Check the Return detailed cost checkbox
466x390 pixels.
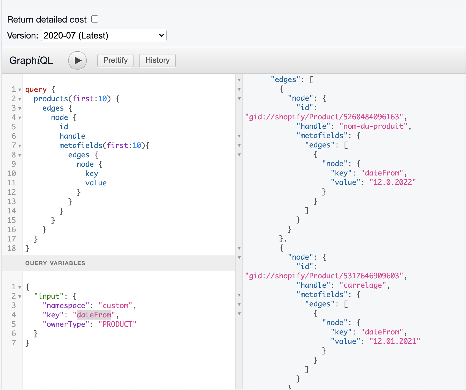(95, 19)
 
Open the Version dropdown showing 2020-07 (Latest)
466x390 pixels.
(103, 35)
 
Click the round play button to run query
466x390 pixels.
(77, 61)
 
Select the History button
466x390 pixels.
(157, 60)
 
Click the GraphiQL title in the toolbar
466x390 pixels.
(31, 61)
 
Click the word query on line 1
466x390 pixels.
(36, 89)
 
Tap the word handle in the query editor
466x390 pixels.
(72, 136)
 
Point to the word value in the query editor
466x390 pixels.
(96, 183)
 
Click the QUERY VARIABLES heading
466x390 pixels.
(55, 263)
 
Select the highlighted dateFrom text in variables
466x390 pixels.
(94, 315)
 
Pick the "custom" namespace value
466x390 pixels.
(115, 306)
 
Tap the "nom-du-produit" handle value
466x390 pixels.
(373, 126)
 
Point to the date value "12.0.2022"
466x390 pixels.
(392, 182)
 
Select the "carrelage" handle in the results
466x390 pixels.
(363, 285)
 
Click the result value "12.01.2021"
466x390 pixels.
(395, 341)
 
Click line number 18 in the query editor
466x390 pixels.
(12, 248)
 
